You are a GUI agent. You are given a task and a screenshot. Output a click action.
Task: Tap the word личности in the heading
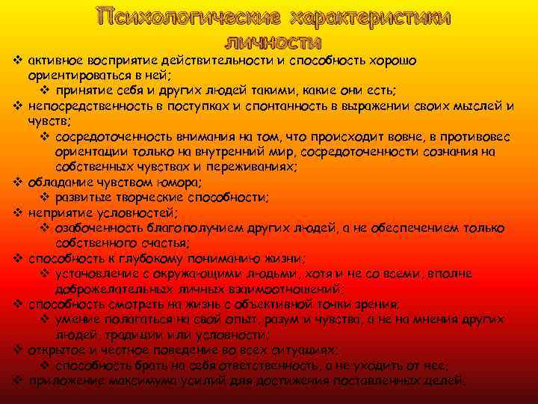(x=273, y=41)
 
